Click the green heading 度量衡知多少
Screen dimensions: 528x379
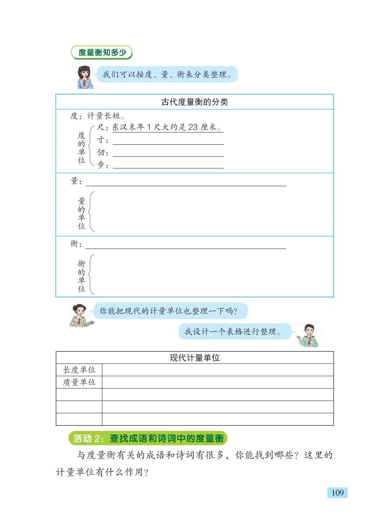[x=102, y=52]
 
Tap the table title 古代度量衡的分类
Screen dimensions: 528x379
[x=194, y=102]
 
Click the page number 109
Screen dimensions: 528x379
[x=337, y=493]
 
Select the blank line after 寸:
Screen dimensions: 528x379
[x=168, y=141]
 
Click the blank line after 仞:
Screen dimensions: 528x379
[x=168, y=154]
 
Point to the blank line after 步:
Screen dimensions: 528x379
[x=168, y=166]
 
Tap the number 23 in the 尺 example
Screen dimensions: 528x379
[x=193, y=127]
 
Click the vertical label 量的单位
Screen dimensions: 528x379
[x=81, y=213]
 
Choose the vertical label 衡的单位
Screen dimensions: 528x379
[x=81, y=276]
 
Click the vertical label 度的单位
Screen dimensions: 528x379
[x=81, y=147]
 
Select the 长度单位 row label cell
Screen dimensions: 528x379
[x=79, y=370]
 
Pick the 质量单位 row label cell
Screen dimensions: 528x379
[x=79, y=382]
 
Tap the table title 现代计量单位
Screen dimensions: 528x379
[x=194, y=357]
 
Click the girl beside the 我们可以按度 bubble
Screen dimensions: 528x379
[x=85, y=77]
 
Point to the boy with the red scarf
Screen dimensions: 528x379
[x=308, y=335]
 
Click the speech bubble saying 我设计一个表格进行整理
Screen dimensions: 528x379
[x=234, y=331]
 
